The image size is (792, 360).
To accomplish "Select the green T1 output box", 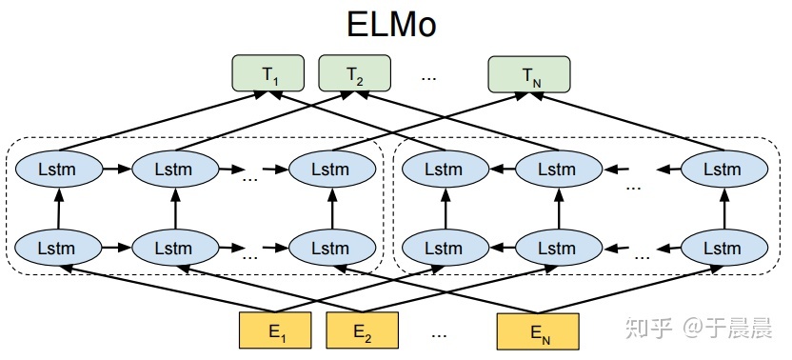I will tap(267, 73).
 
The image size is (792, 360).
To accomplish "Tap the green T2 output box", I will tap(354, 73).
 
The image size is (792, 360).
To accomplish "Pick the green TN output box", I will tap(529, 73).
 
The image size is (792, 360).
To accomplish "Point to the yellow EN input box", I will tap(538, 332).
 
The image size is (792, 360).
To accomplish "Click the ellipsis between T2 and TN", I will tap(429, 74).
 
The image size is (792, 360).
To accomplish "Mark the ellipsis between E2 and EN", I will tap(439, 333).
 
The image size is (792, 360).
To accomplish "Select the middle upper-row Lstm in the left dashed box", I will tap(175, 170).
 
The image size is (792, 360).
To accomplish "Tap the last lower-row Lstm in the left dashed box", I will tap(332, 247).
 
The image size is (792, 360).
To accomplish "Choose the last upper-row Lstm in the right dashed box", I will tap(722, 170).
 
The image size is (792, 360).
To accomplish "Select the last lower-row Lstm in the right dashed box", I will tap(722, 247).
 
